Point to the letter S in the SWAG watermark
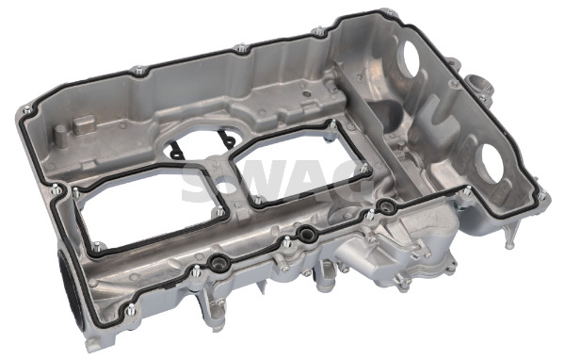tap(198, 180)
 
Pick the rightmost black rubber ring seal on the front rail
tap(385, 206)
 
